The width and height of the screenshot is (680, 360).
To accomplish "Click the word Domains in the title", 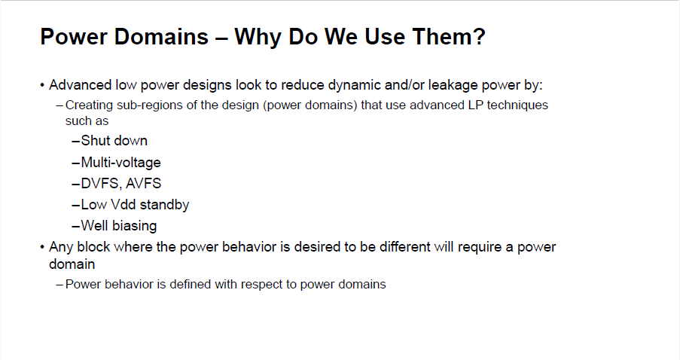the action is pyautogui.click(x=161, y=36).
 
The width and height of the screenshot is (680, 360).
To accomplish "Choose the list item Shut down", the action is pyautogui.click(x=114, y=141).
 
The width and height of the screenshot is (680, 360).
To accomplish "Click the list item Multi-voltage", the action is pyautogui.click(x=121, y=163).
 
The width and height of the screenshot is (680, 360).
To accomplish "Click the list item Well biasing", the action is pyautogui.click(x=119, y=226).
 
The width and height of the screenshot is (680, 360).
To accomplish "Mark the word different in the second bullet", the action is pyautogui.click(x=405, y=247).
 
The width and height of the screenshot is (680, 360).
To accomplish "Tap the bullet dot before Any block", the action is pyautogui.click(x=42, y=248).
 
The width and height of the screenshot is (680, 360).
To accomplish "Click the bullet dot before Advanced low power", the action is pyautogui.click(x=42, y=85).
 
